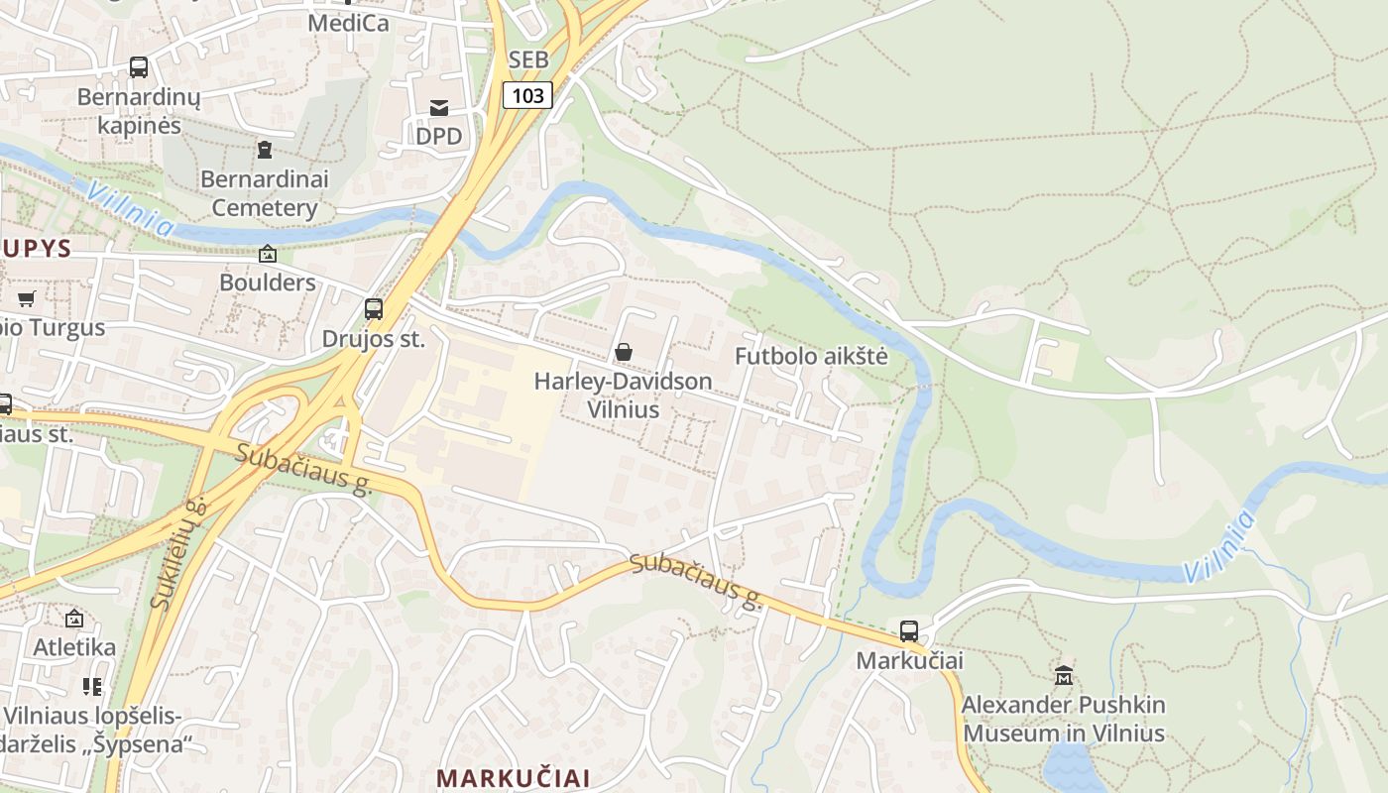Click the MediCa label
[348, 23]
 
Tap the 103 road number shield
[527, 95]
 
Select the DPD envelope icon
[438, 107]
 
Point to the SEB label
[527, 60]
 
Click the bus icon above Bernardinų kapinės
[139, 67]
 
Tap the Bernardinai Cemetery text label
[264, 194]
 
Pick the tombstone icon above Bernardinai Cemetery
[264, 150]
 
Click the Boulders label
[267, 283]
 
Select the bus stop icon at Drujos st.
[374, 308]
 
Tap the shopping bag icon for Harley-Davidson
[624, 351]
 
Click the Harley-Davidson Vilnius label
[623, 395]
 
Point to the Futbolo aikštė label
[811, 357]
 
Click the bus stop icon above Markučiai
[908, 630]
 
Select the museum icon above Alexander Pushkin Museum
[1064, 676]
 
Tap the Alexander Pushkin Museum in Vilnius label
[1064, 720]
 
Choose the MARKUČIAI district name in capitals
[514, 777]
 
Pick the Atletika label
[74, 647]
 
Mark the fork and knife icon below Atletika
[92, 686]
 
